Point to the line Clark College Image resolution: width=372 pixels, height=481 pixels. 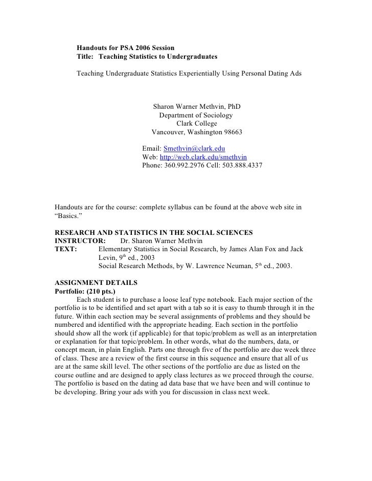coord(196,124)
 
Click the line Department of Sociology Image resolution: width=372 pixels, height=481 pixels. coord(196,115)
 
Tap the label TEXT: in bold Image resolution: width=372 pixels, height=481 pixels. coord(65,249)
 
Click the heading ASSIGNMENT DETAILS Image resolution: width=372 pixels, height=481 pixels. coord(96,282)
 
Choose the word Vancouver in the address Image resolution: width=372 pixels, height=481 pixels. coord(170,132)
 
